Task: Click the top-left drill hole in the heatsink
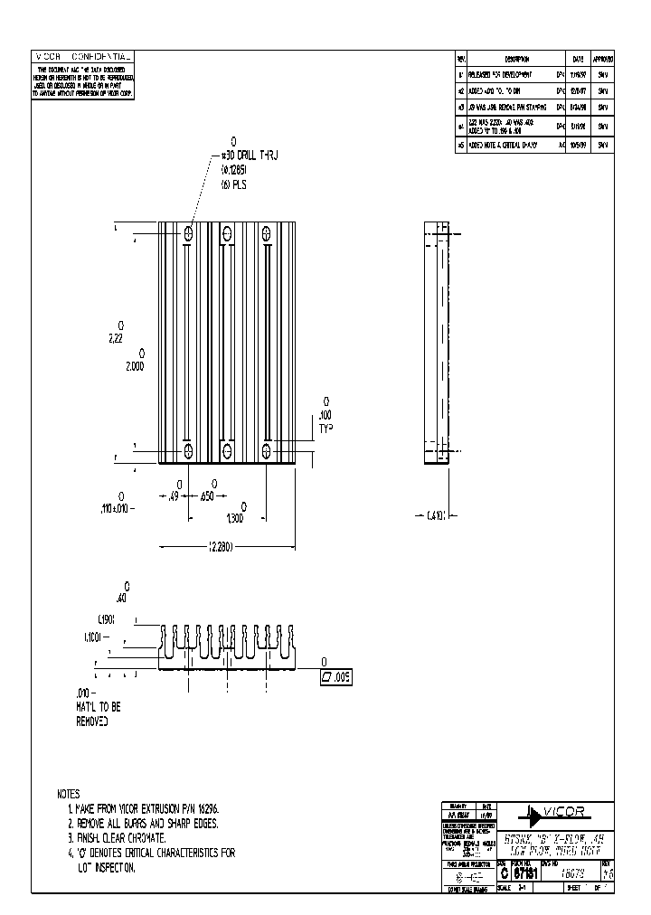188,233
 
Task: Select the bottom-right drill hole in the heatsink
267,449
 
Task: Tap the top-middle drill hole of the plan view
227,233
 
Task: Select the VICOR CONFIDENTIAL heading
82,57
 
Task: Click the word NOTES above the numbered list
68,794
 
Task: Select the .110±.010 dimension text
118,508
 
